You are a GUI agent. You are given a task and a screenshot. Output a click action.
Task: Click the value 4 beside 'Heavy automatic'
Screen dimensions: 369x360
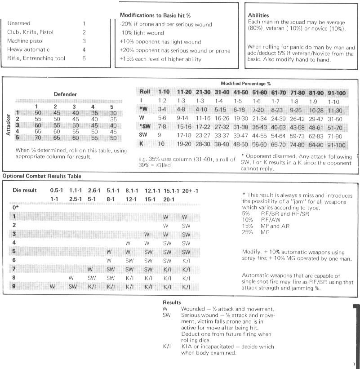tap(84, 49)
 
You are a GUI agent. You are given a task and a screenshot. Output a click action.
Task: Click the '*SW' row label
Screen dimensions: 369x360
tap(144, 126)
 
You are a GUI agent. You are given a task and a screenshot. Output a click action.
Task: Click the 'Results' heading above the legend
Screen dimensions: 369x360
tap(173, 304)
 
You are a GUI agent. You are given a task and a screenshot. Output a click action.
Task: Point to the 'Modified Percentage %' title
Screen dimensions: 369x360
tap(246, 84)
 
